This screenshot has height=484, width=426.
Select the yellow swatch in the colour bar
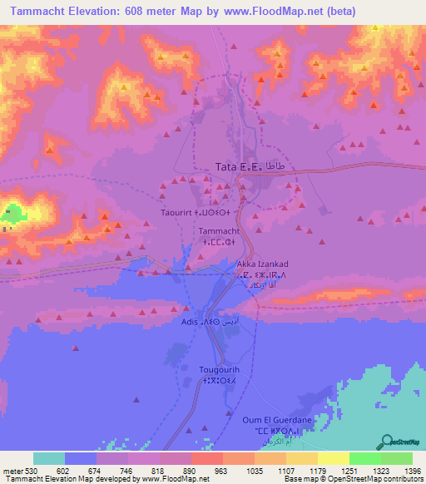(x=334, y=458)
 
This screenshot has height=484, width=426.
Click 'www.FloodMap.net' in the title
(x=265, y=12)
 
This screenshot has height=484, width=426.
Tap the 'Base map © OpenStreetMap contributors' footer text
(x=353, y=479)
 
